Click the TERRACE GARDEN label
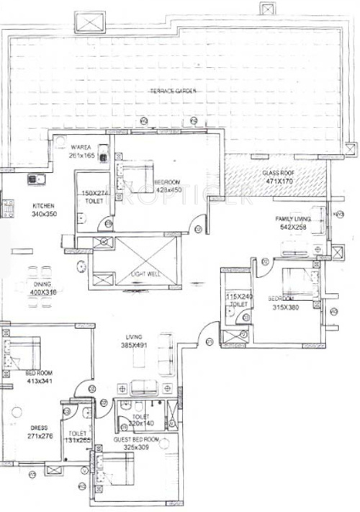tap(173, 91)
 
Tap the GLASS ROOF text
tap(276, 174)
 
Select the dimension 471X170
tap(276, 182)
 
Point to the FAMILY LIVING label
tap(292, 218)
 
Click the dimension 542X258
tap(293, 227)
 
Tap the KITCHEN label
tap(42, 206)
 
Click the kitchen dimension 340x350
tap(43, 214)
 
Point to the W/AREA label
tap(80, 147)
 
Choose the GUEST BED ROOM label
tap(136, 439)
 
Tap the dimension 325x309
tap(136, 447)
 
